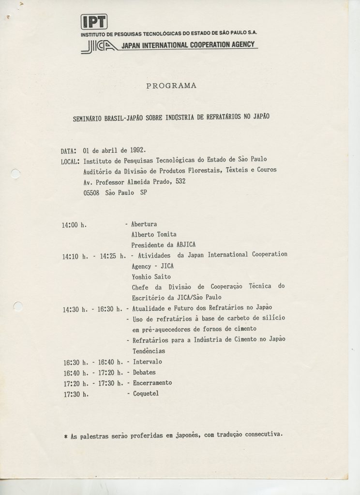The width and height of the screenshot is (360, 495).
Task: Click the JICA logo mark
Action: coord(99,45)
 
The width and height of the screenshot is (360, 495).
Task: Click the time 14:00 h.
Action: coord(74,225)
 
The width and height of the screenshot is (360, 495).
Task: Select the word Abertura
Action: coord(144,224)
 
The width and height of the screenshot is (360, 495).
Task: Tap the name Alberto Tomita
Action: coord(154,235)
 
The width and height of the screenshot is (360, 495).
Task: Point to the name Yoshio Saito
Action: coord(151,277)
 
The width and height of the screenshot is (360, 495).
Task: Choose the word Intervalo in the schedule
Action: coord(147,362)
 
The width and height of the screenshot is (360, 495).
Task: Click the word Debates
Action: coord(145,372)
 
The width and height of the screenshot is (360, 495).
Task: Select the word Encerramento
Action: coord(152,383)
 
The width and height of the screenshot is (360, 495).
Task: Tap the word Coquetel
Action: coord(146,393)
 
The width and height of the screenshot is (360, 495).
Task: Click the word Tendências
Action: coord(148,351)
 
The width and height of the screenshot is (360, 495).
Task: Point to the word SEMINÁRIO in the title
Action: coord(88,117)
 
